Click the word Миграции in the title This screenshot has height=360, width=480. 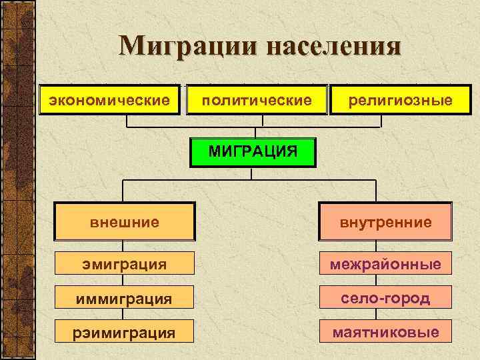click(x=187, y=47)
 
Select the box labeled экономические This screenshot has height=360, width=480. click(x=109, y=100)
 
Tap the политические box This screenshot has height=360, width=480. click(x=257, y=100)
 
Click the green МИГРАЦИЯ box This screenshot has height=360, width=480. click(x=253, y=151)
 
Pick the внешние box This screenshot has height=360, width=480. click(x=125, y=221)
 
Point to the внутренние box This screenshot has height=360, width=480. click(x=385, y=221)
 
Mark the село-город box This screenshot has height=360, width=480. click(x=385, y=297)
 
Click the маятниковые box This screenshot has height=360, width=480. click(x=385, y=331)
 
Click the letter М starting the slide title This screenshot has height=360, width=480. click(x=131, y=47)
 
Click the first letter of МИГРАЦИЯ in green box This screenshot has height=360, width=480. click(x=213, y=151)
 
